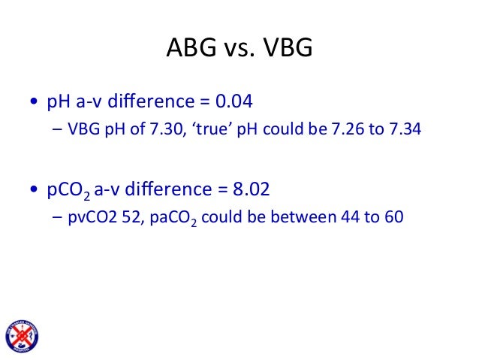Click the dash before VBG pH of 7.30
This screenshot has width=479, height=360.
58,131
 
